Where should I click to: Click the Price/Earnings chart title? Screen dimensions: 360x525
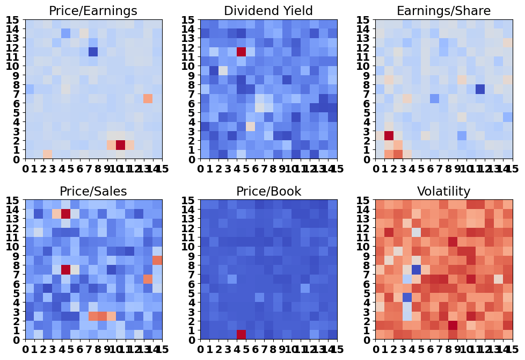(x=93, y=11)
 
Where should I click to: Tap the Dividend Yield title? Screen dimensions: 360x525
(x=268, y=11)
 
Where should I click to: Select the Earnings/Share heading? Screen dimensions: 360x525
(x=443, y=11)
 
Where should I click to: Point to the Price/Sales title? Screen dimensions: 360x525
(x=93, y=191)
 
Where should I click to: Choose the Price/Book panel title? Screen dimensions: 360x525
(x=268, y=191)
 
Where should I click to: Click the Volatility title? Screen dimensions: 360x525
(x=443, y=191)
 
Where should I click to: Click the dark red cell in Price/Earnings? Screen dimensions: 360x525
(x=120, y=145)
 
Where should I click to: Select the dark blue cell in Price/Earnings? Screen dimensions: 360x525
(x=93, y=52)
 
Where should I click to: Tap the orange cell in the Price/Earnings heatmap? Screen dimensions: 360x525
(x=148, y=98)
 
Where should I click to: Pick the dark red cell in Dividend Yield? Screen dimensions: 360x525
(x=241, y=52)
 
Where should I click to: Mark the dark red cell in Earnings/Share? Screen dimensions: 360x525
(x=389, y=135)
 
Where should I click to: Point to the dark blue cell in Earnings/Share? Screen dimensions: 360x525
(x=480, y=89)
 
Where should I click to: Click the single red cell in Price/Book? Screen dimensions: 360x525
(x=241, y=334)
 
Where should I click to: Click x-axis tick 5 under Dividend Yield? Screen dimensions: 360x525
(x=246, y=170)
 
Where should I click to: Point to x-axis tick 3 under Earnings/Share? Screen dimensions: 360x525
(x=403, y=170)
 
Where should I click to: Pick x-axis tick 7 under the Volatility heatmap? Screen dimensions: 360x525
(x=439, y=350)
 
